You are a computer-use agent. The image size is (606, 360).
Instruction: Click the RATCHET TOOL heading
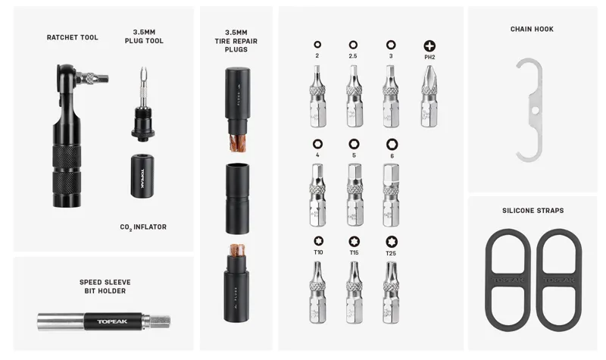click(72, 37)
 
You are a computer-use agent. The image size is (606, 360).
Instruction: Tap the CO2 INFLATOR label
click(143, 227)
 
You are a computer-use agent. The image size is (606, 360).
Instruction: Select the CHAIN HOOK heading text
click(532, 30)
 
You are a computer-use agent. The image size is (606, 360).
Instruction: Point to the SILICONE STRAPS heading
click(533, 211)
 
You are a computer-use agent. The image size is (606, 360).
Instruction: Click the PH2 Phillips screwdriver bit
click(429, 96)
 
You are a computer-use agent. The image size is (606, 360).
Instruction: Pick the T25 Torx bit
click(391, 293)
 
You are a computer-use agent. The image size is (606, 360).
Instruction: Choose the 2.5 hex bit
click(354, 96)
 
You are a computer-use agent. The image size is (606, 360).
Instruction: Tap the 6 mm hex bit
click(391, 195)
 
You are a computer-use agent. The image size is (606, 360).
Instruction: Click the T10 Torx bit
click(317, 293)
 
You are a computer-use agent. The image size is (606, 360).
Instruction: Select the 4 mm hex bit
click(317, 195)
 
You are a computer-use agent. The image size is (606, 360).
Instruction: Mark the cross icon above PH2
click(430, 45)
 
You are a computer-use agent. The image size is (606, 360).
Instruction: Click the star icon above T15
click(354, 241)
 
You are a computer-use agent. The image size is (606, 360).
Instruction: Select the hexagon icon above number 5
click(354, 143)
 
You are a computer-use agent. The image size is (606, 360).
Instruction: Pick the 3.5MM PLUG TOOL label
click(143, 36)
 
